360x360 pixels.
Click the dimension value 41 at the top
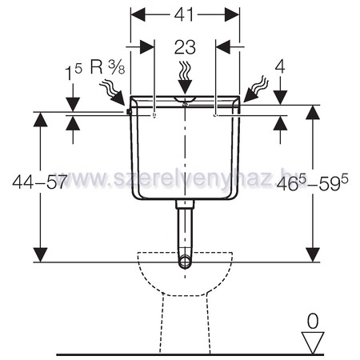tap(184, 14)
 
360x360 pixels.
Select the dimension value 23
tap(185, 47)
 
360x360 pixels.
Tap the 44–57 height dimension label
tap(39, 182)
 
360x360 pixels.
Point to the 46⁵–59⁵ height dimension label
tap(312, 183)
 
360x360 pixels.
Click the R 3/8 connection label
tap(107, 67)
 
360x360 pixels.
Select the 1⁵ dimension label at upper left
tap(74, 72)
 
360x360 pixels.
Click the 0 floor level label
tap(313, 321)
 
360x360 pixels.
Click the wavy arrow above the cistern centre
tap(185, 78)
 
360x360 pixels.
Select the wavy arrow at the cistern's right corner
tap(256, 90)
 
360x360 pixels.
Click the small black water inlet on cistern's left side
tap(130, 112)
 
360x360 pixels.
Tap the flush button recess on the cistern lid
tap(185, 99)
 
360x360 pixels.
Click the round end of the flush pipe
tap(185, 262)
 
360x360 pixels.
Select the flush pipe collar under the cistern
tap(185, 204)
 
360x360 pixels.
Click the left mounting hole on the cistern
tap(154, 115)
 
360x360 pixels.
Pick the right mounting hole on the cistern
tap(215, 115)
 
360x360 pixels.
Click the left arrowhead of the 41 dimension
tap(138, 14)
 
